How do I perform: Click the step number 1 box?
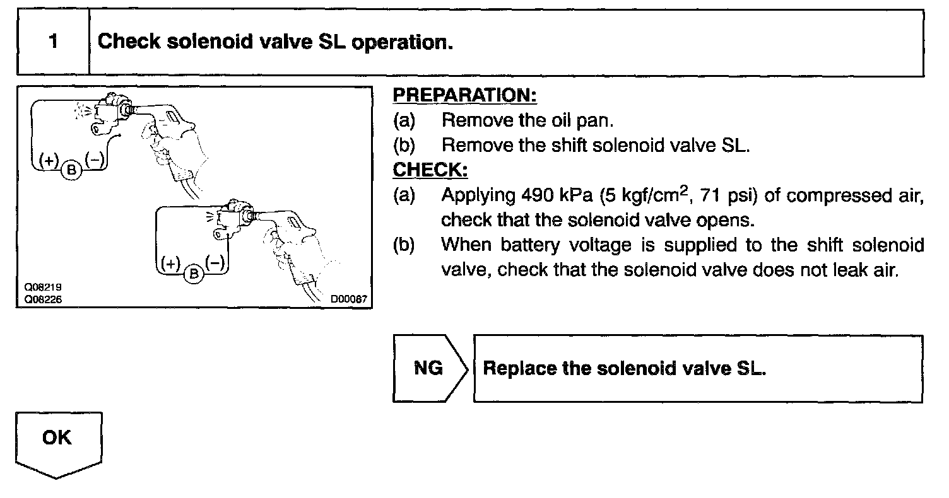point(54,42)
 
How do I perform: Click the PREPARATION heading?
point(464,95)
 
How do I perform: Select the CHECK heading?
point(430,170)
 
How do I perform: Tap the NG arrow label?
point(428,368)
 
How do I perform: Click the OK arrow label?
point(57,438)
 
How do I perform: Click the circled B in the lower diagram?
point(194,273)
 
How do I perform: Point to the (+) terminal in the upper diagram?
point(49,160)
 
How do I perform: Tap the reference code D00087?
point(348,299)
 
